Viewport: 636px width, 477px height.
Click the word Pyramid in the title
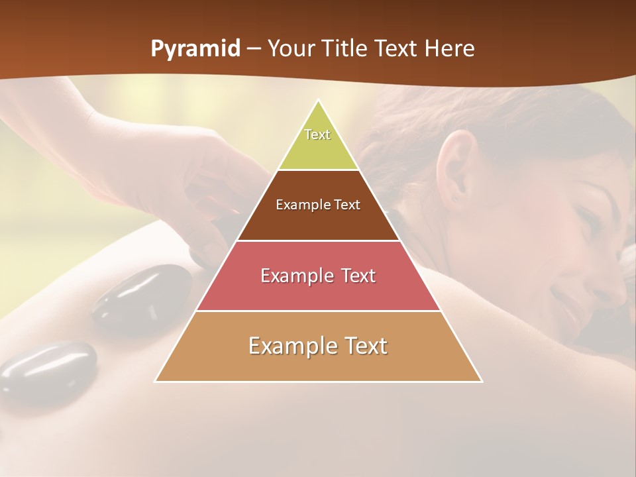tap(195, 49)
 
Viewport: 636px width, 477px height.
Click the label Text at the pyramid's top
tap(317, 134)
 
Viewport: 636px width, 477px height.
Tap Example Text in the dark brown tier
tap(318, 205)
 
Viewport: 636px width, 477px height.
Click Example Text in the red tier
tap(318, 276)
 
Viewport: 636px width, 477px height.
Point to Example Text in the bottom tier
tap(318, 346)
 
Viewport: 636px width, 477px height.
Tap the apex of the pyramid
tap(319, 101)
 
